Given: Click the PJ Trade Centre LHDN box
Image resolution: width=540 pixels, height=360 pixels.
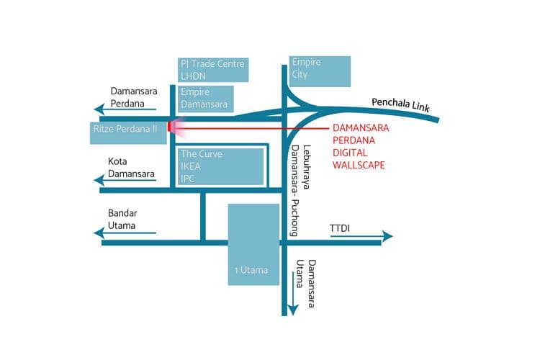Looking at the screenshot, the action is coord(213,70).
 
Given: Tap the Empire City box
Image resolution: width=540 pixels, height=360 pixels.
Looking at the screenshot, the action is coord(320,71).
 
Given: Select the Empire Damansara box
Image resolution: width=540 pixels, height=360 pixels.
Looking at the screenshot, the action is coord(206,99).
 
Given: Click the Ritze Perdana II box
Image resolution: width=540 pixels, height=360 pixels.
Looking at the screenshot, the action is coord(128,133).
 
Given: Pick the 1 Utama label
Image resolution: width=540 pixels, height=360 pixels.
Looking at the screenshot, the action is coord(251,270).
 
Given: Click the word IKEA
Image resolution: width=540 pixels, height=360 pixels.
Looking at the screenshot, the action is coord(191,166).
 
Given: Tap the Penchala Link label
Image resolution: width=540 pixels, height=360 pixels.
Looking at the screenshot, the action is coord(400,104).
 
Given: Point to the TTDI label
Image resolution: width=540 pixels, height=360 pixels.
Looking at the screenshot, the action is coord(340,228).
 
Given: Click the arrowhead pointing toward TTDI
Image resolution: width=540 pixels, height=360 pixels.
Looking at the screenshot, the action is coord(388,236).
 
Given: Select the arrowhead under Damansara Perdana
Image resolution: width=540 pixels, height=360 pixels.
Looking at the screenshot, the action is coord(99,109).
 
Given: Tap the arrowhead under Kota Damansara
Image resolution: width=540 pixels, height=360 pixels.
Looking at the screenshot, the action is coord(99,180).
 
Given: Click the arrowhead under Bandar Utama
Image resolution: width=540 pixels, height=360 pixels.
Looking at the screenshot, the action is coord(99,233).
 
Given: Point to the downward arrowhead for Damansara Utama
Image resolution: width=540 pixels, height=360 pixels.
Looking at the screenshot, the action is coord(293,310).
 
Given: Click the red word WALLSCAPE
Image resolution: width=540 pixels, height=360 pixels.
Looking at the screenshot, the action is coord(359,165).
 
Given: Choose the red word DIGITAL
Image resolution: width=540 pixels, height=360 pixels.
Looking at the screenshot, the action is coord(350,153).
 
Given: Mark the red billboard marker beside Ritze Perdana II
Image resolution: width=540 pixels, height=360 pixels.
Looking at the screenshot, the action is coord(169,127).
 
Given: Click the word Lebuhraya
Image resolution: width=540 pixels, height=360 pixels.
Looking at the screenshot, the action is coord(307,167).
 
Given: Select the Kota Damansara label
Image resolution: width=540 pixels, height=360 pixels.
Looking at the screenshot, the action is coord(131,168).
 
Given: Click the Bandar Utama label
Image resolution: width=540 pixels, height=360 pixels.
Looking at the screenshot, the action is coord(122,219).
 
